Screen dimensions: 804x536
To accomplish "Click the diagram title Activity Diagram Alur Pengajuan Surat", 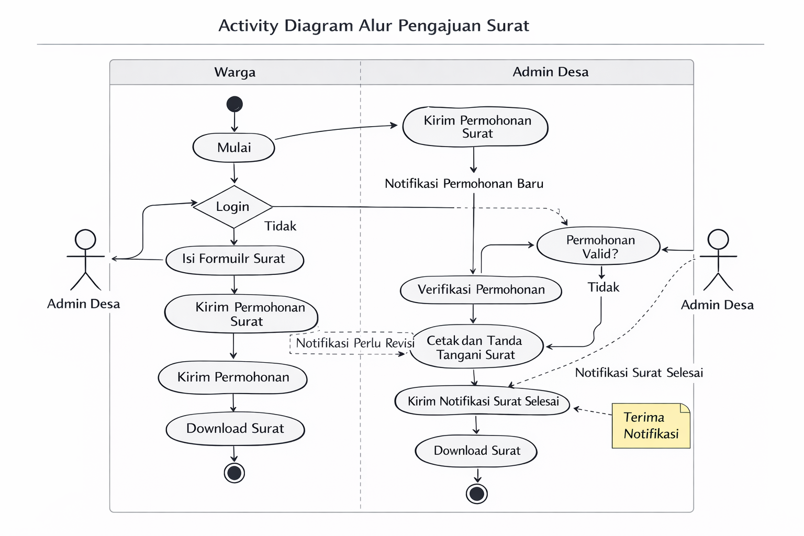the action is (x=374, y=26).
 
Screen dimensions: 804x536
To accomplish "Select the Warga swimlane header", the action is (x=235, y=72).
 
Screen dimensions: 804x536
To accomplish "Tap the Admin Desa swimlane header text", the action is (x=550, y=72).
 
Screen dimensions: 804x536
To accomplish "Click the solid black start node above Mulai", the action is (x=234, y=104).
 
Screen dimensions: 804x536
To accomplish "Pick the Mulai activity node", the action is (x=233, y=148).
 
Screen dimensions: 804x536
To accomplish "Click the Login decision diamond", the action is (x=233, y=207).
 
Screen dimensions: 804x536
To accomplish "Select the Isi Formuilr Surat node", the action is (x=234, y=260).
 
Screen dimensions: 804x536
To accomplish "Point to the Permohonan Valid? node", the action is (x=599, y=247).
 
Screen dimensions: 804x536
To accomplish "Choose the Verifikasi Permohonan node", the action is (x=481, y=289).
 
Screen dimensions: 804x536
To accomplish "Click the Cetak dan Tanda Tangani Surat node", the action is (x=476, y=347).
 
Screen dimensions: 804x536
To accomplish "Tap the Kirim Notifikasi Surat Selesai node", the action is (x=482, y=400).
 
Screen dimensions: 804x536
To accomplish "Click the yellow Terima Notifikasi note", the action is (x=651, y=426).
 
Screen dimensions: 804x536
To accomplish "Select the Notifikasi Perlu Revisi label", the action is (x=355, y=343).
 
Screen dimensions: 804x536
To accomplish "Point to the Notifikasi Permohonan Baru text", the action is (x=464, y=184).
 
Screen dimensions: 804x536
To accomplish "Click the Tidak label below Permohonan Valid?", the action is (x=604, y=287).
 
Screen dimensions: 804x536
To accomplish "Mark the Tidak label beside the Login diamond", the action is (x=281, y=226).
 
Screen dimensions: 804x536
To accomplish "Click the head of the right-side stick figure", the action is (x=718, y=239).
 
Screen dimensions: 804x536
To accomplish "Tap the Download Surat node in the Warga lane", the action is (x=235, y=429).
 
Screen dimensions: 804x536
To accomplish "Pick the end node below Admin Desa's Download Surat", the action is (x=477, y=494).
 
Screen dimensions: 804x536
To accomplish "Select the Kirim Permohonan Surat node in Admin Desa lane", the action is (x=475, y=127).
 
